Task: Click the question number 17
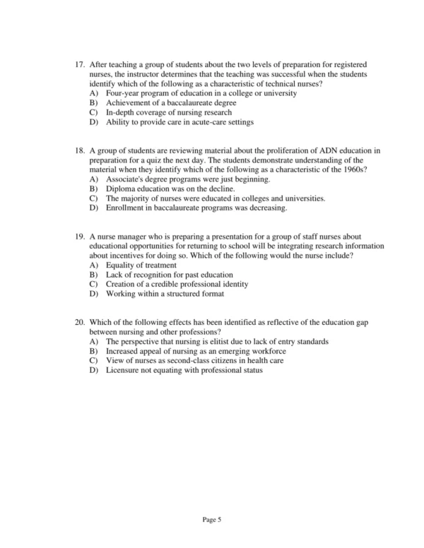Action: tap(79, 65)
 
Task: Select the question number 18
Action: tap(79, 151)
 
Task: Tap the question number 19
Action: tap(79, 237)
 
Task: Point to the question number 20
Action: tap(79, 322)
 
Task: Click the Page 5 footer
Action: tap(212, 520)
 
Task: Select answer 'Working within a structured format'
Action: tap(165, 294)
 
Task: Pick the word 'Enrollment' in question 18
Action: tap(126, 208)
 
